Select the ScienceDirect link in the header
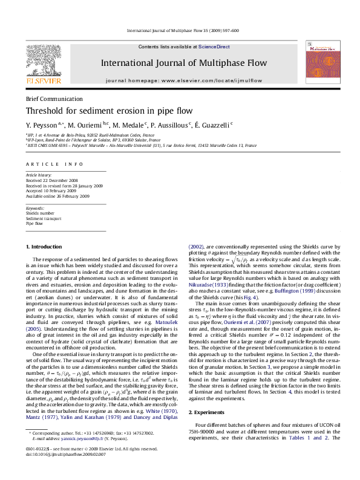pyautogui.click(x=214, y=47)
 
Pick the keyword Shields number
pyautogui.click(x=40, y=213)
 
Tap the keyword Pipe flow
pyautogui.click(x=34, y=223)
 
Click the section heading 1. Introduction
pyautogui.click(x=44, y=247)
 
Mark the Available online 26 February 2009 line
pyautogui.click(x=57, y=196)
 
